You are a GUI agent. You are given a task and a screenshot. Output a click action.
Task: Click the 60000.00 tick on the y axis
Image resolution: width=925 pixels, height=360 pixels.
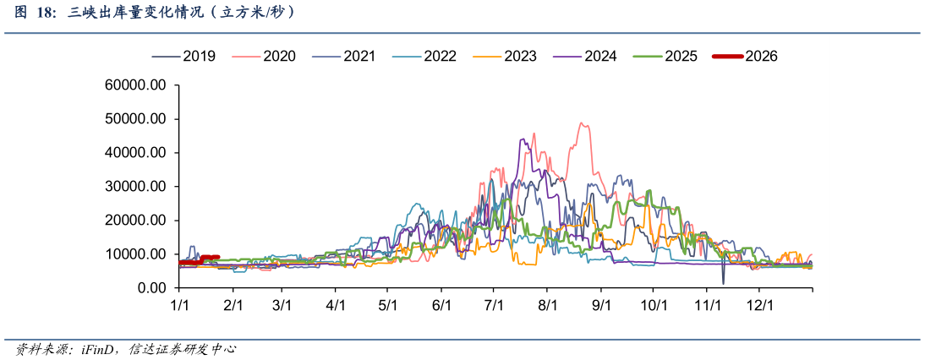pyautogui.click(x=138, y=85)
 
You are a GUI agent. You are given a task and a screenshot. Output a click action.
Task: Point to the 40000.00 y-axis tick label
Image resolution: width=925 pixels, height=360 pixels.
pyautogui.click(x=138, y=153)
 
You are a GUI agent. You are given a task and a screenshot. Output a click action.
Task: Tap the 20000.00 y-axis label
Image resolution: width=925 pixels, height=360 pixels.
pyautogui.click(x=138, y=221)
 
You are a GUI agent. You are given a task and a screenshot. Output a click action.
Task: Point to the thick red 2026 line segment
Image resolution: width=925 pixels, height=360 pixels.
pyautogui.click(x=199, y=260)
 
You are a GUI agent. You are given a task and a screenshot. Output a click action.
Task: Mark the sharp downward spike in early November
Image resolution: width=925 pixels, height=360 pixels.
pyautogui.click(x=723, y=282)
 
